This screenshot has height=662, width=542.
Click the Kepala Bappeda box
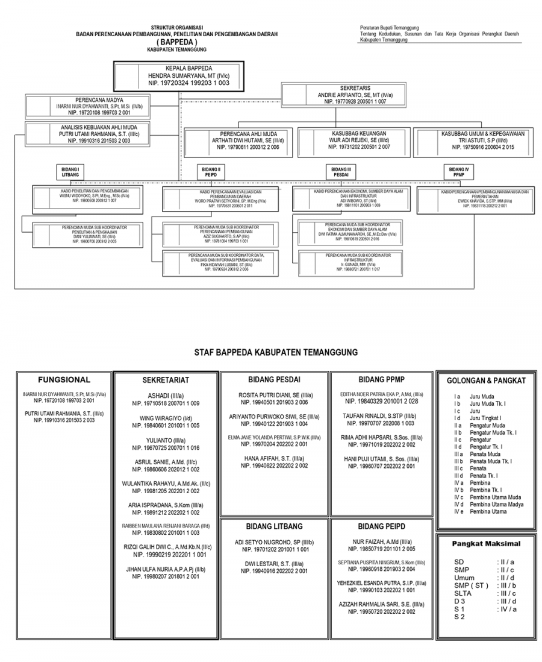(x=177, y=75)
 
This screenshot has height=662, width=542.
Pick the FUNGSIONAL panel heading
(x=64, y=380)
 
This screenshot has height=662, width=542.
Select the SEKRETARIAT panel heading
(x=166, y=380)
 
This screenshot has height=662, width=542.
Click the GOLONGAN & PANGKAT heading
(x=486, y=380)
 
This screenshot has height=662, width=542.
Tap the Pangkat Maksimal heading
(x=486, y=544)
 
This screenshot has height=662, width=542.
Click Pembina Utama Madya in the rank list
(x=497, y=504)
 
